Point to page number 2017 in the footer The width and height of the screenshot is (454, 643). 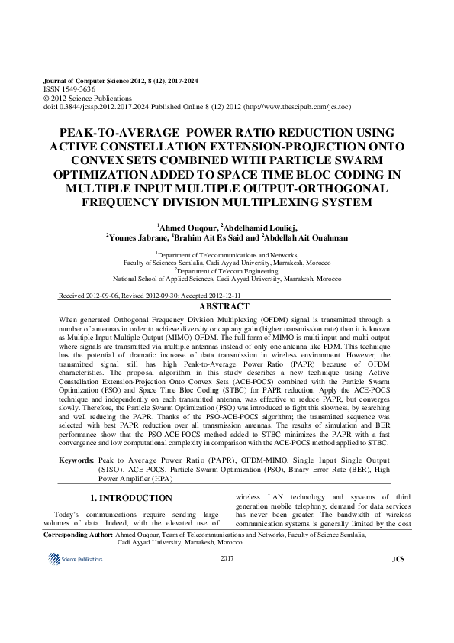tap(227, 560)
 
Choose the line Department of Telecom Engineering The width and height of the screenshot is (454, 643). tap(227, 270)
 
